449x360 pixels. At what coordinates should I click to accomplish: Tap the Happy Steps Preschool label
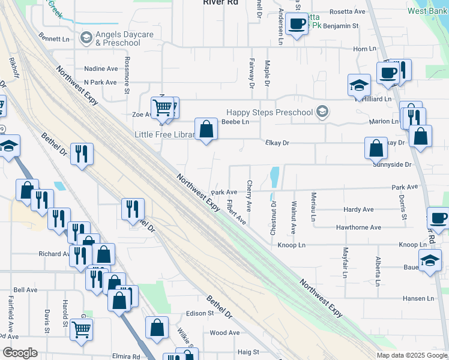[270, 112]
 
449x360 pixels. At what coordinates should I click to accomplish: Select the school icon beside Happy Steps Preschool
[322, 112]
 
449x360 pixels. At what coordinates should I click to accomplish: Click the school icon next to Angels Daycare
[86, 38]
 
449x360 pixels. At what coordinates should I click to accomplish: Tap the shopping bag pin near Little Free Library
[206, 130]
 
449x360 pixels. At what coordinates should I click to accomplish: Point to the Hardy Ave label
[358, 209]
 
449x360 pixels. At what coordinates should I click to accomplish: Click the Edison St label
[200, 313]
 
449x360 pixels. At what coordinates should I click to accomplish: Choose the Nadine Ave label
[101, 69]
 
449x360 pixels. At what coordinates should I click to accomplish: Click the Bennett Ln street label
[54, 37]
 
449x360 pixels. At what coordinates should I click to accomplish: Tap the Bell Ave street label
[25, 290]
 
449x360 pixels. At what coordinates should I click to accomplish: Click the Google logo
[20, 353]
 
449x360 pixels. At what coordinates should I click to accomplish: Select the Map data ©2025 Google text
[412, 355]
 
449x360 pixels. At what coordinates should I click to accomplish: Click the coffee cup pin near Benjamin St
[296, 25]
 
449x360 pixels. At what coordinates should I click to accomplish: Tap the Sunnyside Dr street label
[391, 164]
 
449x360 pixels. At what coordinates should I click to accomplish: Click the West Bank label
[427, 11]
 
